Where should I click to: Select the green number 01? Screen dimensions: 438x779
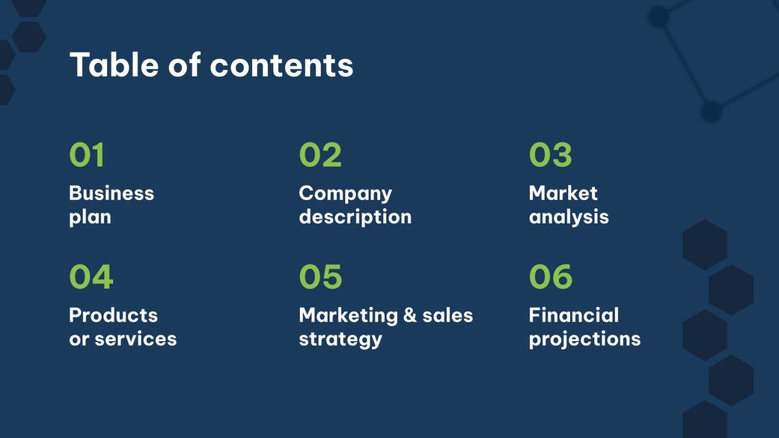pyautogui.click(x=87, y=155)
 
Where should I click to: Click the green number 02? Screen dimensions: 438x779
pyautogui.click(x=320, y=155)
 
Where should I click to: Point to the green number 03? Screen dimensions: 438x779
pyautogui.click(x=550, y=155)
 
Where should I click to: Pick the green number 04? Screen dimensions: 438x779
pyautogui.click(x=91, y=277)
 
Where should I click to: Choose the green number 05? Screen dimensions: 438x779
pyautogui.click(x=320, y=277)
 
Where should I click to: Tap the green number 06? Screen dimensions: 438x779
pyautogui.click(x=550, y=277)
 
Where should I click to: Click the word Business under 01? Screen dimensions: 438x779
pyautogui.click(x=111, y=193)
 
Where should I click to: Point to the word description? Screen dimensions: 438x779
pyautogui.click(x=355, y=218)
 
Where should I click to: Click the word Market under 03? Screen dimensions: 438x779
pyautogui.click(x=563, y=193)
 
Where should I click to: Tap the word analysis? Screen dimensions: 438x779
pyautogui.click(x=569, y=218)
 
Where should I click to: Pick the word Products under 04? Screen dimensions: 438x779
pyautogui.click(x=113, y=315)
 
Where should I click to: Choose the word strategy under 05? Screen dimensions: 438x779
pyautogui.click(x=340, y=340)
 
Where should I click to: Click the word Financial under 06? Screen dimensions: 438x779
pyautogui.click(x=573, y=315)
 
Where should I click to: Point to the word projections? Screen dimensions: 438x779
pyautogui.click(x=585, y=340)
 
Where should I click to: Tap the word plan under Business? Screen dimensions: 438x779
pyautogui.click(x=90, y=218)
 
